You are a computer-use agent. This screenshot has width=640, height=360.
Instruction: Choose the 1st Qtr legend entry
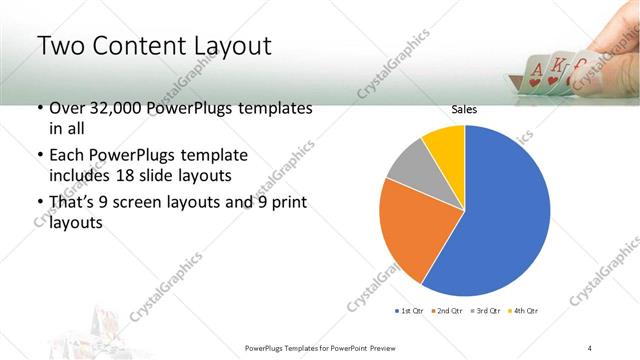pyautogui.click(x=409, y=311)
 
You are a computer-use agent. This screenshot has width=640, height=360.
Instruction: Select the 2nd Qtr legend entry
pyautogui.click(x=447, y=311)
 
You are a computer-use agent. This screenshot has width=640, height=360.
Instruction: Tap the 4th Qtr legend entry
pyautogui.click(x=524, y=311)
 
